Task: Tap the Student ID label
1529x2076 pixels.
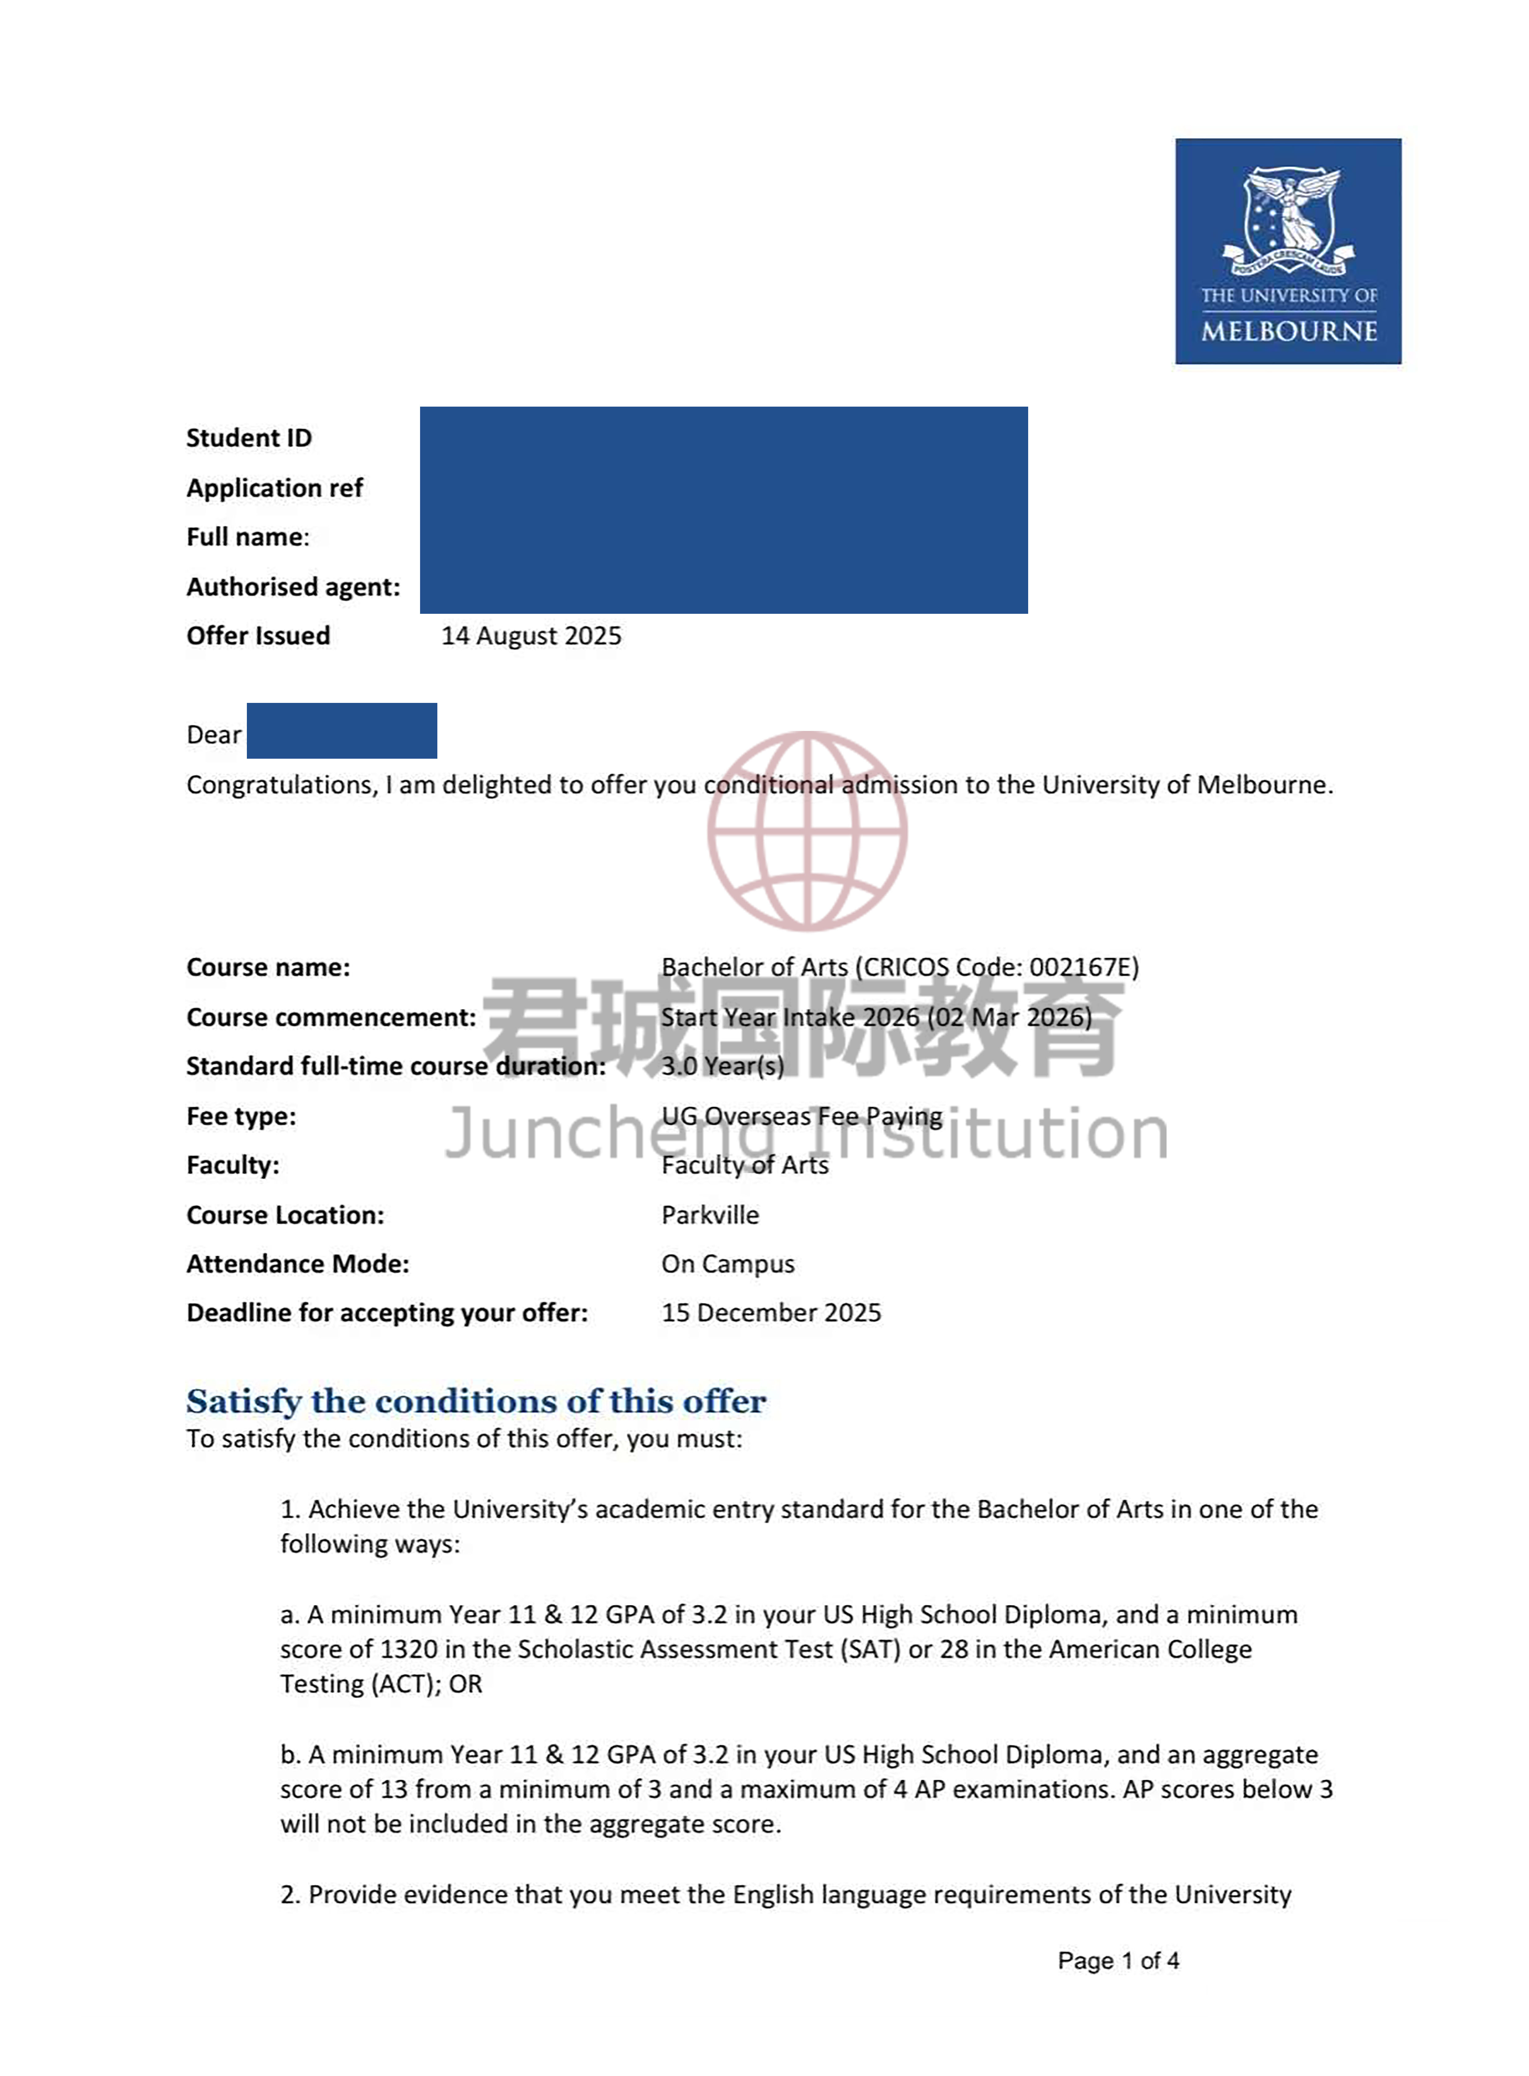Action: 249,438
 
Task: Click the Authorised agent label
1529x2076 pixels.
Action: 293,587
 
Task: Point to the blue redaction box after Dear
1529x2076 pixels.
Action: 341,730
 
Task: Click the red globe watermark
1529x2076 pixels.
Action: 807,830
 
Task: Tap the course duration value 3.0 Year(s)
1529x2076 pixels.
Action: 722,1066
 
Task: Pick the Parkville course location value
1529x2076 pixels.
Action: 710,1214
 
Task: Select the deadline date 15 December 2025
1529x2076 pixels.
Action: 771,1312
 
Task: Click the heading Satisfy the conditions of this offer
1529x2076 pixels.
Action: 476,1401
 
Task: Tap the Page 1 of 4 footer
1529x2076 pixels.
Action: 1118,1960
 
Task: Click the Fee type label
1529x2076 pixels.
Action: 241,1116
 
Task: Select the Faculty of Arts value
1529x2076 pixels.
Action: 744,1165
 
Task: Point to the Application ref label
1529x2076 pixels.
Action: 275,488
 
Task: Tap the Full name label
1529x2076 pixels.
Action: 247,537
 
